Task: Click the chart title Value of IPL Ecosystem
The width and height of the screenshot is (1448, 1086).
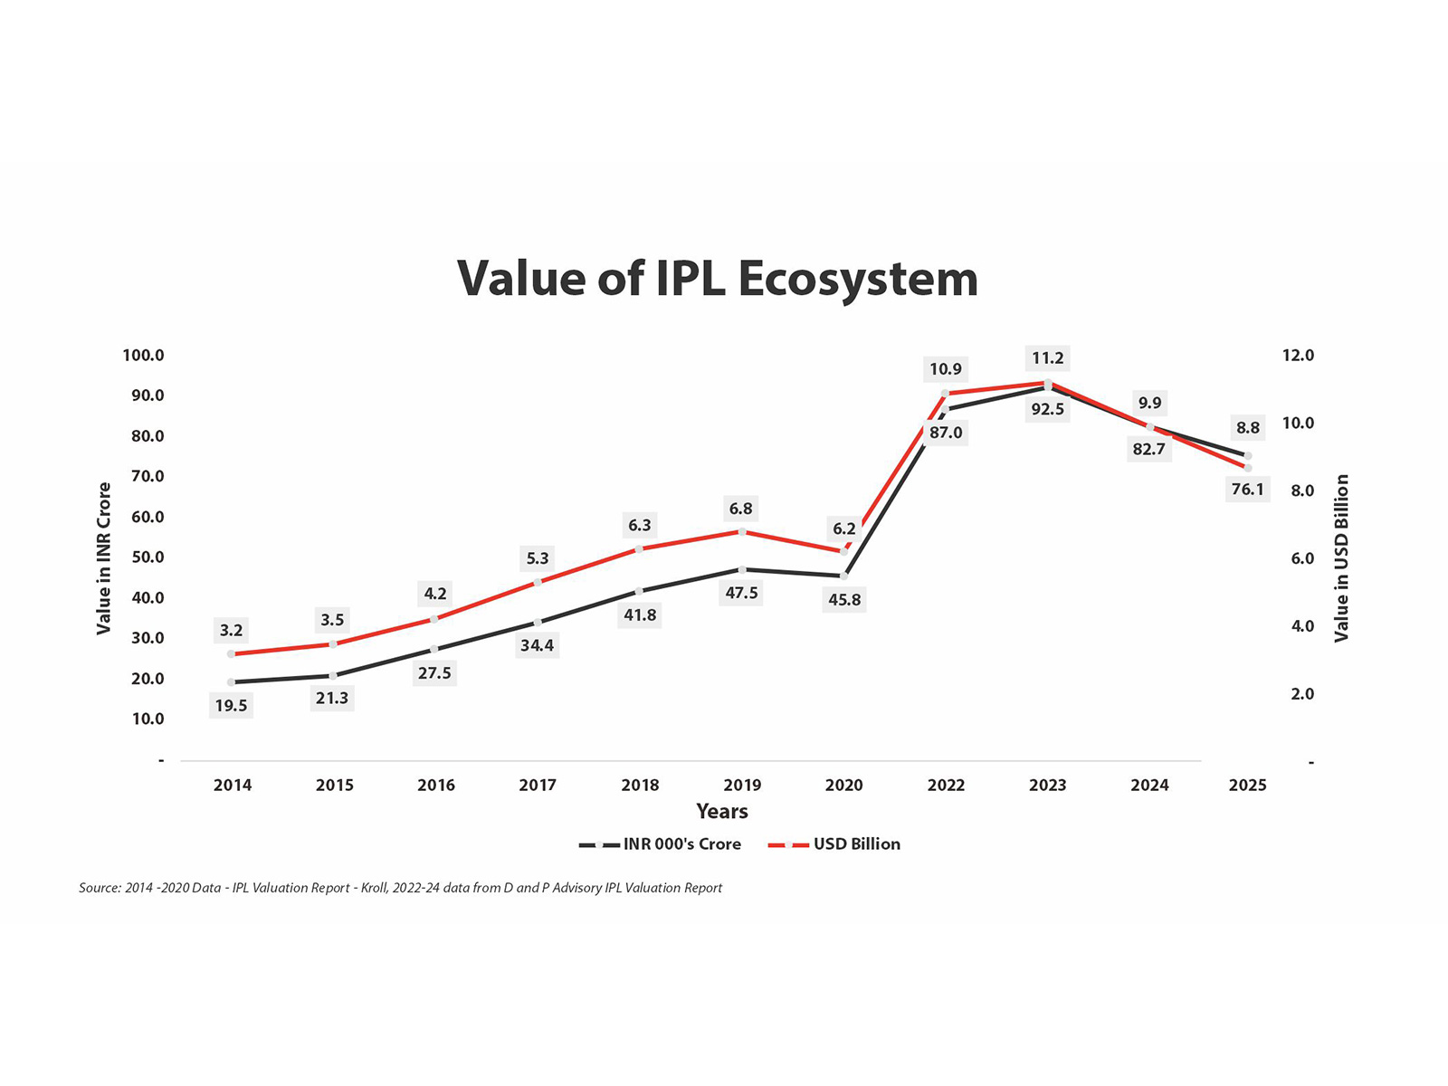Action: [x=718, y=278]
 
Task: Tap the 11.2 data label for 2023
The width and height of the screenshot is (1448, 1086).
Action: [x=1048, y=357]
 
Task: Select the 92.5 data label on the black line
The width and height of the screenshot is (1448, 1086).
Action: [x=1048, y=409]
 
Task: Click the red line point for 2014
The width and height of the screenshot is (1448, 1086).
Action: [x=232, y=653]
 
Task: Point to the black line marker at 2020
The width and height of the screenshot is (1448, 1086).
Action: [x=843, y=576]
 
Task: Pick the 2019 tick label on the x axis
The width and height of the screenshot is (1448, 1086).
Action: [x=742, y=786]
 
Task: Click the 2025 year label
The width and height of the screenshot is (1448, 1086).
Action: [x=1247, y=786]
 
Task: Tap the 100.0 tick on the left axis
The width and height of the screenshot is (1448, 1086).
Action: [x=144, y=356]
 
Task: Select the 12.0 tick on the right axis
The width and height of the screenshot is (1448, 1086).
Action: [x=1298, y=356]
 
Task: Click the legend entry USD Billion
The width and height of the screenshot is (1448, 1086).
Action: [x=856, y=844]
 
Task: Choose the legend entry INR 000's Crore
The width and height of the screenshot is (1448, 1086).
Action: [x=681, y=844]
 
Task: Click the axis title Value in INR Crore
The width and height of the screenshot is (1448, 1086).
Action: [x=104, y=558]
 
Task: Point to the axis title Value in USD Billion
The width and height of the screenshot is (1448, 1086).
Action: [x=1341, y=558]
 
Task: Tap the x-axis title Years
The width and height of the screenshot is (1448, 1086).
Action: [x=722, y=811]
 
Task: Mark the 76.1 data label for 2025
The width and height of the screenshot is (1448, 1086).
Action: [x=1247, y=490]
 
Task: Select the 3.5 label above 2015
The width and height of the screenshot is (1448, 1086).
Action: [x=332, y=620]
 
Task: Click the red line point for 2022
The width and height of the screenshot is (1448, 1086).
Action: [x=945, y=394]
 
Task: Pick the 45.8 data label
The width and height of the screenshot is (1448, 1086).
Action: [x=844, y=600]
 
